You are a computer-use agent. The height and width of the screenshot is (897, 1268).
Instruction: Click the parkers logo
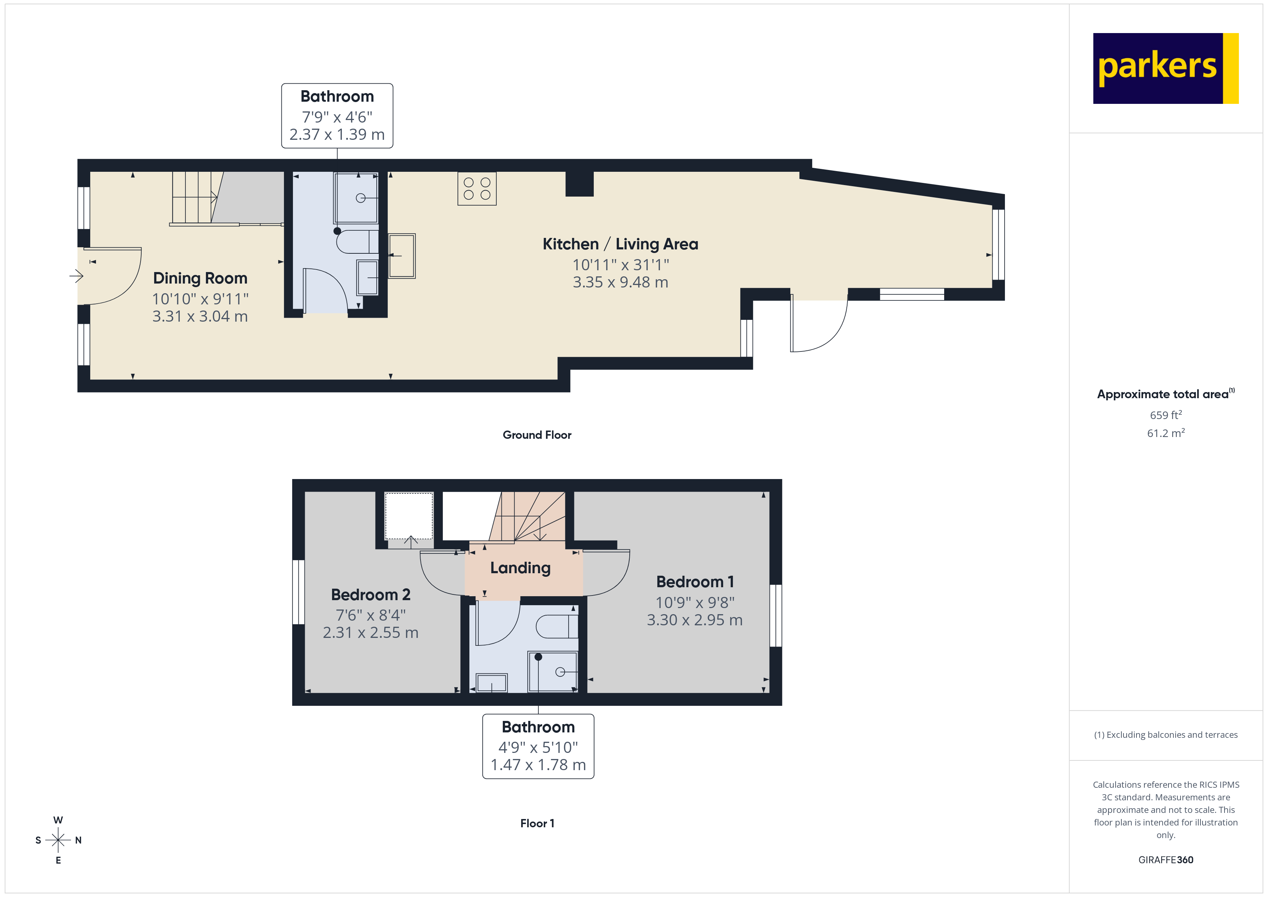pyautogui.click(x=1165, y=69)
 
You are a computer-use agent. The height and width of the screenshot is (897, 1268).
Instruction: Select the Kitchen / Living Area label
pyautogui.click(x=620, y=244)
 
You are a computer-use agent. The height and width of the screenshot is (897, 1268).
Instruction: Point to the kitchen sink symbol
pyautogui.click(x=402, y=256)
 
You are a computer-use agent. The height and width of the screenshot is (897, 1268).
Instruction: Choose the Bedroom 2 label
pyautogui.click(x=371, y=595)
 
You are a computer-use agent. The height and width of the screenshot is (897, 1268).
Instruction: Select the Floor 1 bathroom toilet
pyautogui.click(x=557, y=626)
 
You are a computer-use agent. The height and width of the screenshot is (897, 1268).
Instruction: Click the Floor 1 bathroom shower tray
pyautogui.click(x=553, y=672)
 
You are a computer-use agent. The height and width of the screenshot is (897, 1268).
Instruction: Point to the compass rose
pyautogui.click(x=58, y=840)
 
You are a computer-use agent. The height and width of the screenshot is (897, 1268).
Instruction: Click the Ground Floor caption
pyautogui.click(x=537, y=435)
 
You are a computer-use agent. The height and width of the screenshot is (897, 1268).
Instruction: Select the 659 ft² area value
pyautogui.click(x=1166, y=415)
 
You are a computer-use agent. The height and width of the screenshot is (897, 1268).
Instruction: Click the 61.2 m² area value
pyautogui.click(x=1166, y=433)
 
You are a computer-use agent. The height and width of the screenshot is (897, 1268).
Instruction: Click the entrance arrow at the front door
pyautogui.click(x=76, y=276)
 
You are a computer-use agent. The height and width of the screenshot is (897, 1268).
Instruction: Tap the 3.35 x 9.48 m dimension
pyautogui.click(x=620, y=282)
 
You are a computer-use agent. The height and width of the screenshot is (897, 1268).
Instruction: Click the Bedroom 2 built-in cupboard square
pyautogui.click(x=409, y=516)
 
